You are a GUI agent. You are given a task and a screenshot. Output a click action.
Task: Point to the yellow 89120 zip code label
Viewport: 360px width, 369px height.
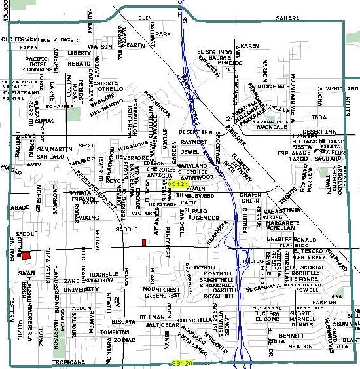click(183, 362)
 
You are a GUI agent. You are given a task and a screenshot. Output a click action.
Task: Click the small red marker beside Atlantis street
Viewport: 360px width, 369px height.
click(144, 243)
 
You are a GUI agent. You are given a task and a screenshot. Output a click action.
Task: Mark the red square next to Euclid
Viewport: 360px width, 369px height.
click(17, 256)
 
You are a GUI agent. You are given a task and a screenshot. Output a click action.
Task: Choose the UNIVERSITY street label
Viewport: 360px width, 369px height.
click(81, 289)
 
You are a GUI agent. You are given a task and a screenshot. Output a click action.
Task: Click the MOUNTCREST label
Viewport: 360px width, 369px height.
click(161, 289)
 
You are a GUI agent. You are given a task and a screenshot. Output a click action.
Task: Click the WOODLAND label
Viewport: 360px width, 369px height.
click(342, 88)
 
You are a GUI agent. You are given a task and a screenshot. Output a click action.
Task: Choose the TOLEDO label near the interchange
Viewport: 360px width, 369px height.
click(251, 261)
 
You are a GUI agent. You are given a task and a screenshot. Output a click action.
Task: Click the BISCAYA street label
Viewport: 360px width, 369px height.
click(123, 322)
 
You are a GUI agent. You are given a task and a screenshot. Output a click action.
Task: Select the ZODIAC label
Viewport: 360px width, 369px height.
click(124, 340)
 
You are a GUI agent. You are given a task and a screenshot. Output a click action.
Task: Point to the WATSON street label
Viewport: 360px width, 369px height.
click(100, 47)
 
